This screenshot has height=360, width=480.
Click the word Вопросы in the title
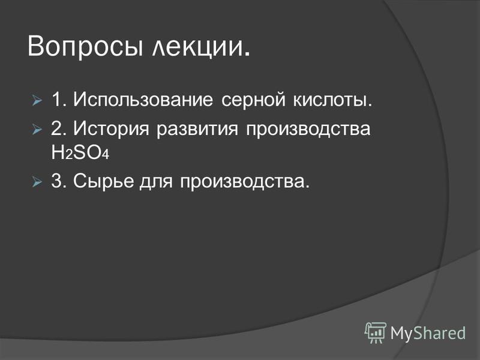coord(85,47)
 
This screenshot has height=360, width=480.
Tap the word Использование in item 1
coord(143,100)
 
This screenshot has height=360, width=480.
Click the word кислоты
coord(333,100)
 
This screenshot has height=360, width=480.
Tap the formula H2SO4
coord(80,152)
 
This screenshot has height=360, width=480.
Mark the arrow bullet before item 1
coord(37,100)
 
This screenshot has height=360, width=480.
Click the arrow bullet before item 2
coord(37,130)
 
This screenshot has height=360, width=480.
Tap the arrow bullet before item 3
coord(37,182)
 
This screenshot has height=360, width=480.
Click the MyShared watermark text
coord(428,333)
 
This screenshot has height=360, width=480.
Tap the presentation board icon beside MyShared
coord(376,333)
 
